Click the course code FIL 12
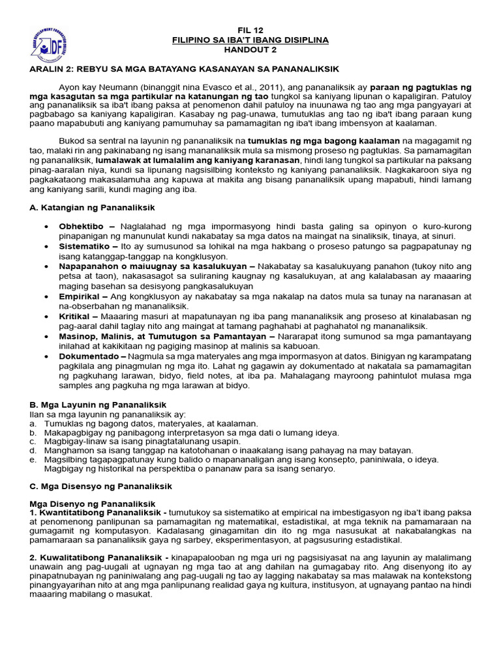(x=250, y=29)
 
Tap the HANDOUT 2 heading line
(x=250, y=50)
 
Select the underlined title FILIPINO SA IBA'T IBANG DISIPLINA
(x=250, y=40)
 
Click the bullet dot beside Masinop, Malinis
(x=46, y=337)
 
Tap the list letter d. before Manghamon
(x=33, y=451)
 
